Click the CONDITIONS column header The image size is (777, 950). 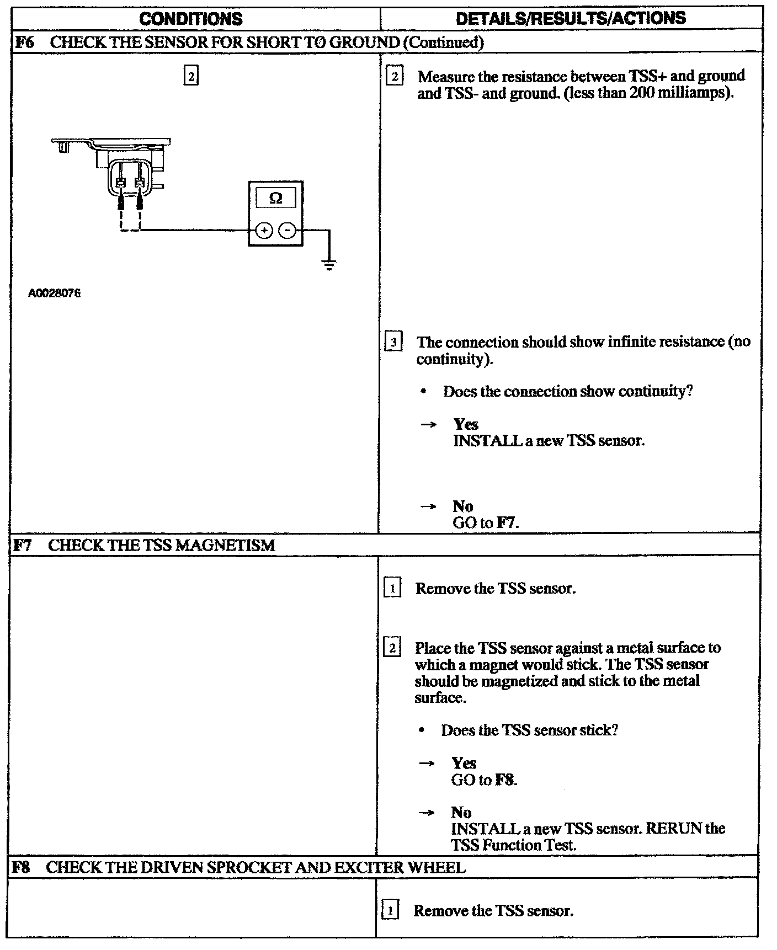pyautogui.click(x=191, y=19)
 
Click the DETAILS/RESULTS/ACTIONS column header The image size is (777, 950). pyautogui.click(x=571, y=18)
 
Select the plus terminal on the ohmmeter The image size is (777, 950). pyautogui.click(x=264, y=231)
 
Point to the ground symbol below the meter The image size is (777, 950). pyautogui.click(x=329, y=266)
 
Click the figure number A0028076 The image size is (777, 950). pyautogui.click(x=55, y=293)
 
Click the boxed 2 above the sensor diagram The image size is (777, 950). pyautogui.click(x=191, y=76)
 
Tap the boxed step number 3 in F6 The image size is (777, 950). pyautogui.click(x=393, y=342)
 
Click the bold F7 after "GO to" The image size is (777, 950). pyautogui.click(x=506, y=522)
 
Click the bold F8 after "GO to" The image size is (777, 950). pyautogui.click(x=504, y=780)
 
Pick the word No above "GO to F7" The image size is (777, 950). pyautogui.click(x=463, y=506)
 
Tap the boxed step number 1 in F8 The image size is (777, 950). pyautogui.click(x=390, y=911)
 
